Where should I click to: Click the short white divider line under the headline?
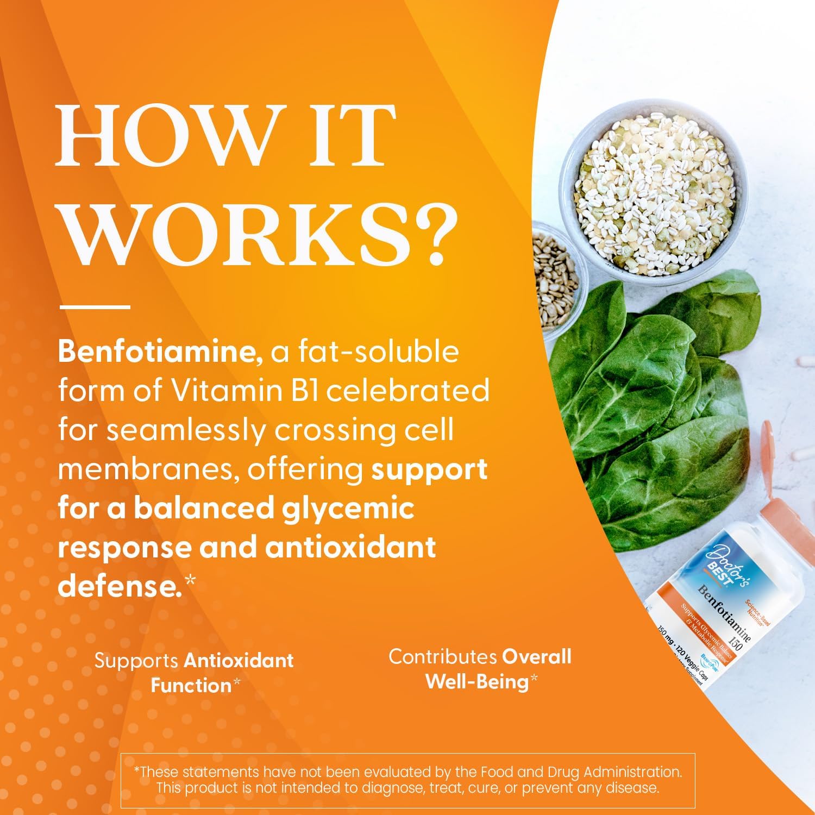point(95,307)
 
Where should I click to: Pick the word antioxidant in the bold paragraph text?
point(350,547)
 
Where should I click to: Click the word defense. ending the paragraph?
point(120,586)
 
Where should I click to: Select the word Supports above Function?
point(136,661)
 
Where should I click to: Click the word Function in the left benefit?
point(191,685)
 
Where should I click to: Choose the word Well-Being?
point(477,681)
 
